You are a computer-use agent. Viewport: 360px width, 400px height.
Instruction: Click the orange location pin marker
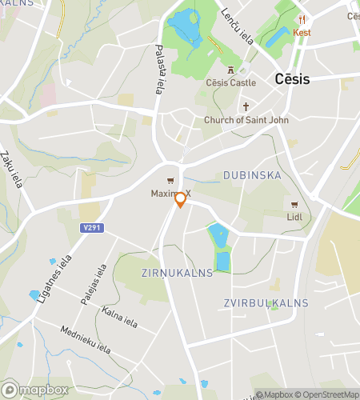(181, 199)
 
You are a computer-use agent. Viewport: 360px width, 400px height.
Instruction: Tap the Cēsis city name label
(292, 79)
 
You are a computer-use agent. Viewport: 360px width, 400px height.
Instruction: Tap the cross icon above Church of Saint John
(246, 106)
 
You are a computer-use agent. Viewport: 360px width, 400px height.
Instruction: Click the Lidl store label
(296, 217)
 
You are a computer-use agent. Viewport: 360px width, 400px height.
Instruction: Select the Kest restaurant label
(302, 33)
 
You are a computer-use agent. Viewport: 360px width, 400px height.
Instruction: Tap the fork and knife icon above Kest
(302, 20)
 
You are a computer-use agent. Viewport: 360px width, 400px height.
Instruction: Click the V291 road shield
(92, 227)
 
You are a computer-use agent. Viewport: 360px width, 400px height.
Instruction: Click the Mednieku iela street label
(85, 339)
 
